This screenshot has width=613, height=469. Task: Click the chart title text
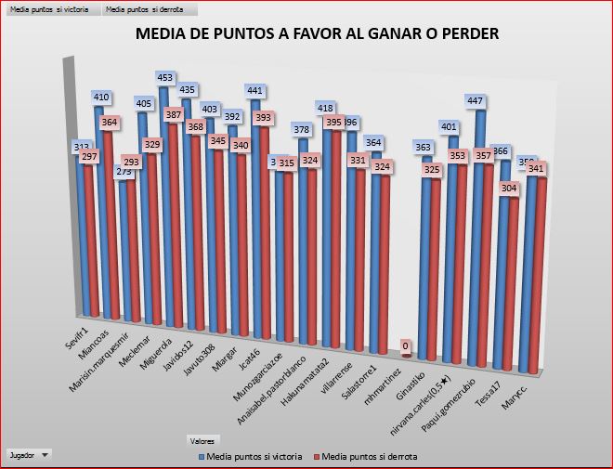(318, 34)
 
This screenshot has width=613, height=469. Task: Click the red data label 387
(174, 114)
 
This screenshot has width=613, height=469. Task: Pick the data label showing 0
(405, 345)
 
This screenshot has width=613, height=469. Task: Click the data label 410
(102, 97)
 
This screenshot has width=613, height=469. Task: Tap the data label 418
(326, 108)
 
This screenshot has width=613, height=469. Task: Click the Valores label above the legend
(200, 440)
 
